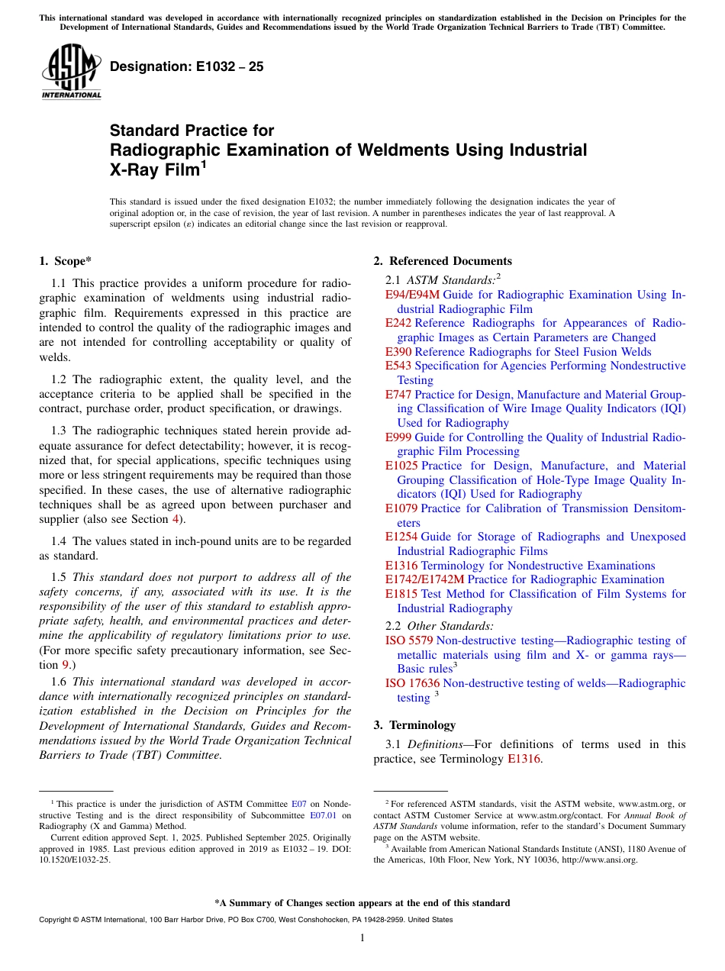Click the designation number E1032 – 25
point(187,67)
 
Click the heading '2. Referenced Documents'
point(443,261)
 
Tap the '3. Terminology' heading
point(414,725)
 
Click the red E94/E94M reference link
point(412,295)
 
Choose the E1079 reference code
point(401,508)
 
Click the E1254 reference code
point(401,537)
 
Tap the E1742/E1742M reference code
point(424,579)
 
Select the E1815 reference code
point(401,594)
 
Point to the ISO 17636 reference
point(412,683)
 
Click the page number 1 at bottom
point(362,938)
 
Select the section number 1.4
point(60,541)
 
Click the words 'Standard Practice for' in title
point(192,131)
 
